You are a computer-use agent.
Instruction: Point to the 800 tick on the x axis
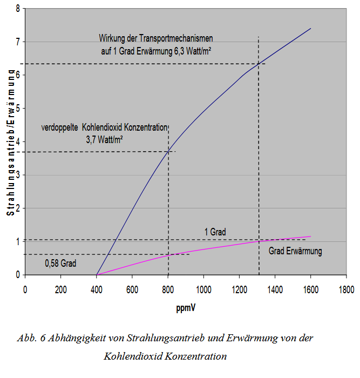click(x=168, y=289)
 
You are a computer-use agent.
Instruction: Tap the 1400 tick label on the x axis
click(x=275, y=289)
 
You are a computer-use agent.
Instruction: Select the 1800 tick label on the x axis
click(x=346, y=289)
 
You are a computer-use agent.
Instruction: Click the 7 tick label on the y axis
click(x=17, y=42)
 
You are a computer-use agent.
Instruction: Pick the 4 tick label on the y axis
click(x=17, y=142)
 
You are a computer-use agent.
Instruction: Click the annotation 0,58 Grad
click(x=60, y=264)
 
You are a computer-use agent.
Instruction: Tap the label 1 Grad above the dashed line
click(x=215, y=232)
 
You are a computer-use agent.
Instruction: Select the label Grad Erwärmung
click(x=295, y=251)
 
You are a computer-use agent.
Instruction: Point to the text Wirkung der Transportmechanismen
click(x=156, y=38)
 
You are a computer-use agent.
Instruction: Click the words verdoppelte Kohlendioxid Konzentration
click(x=105, y=128)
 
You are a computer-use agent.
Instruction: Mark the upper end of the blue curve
click(x=311, y=28)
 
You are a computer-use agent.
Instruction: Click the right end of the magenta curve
click(x=311, y=237)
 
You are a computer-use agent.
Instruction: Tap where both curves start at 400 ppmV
click(x=97, y=274)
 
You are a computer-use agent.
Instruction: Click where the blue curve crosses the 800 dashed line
click(x=168, y=150)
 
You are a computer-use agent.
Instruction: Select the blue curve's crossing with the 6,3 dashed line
click(x=259, y=64)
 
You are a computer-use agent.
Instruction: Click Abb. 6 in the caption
click(x=30, y=339)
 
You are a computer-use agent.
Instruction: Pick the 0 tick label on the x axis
click(x=25, y=289)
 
